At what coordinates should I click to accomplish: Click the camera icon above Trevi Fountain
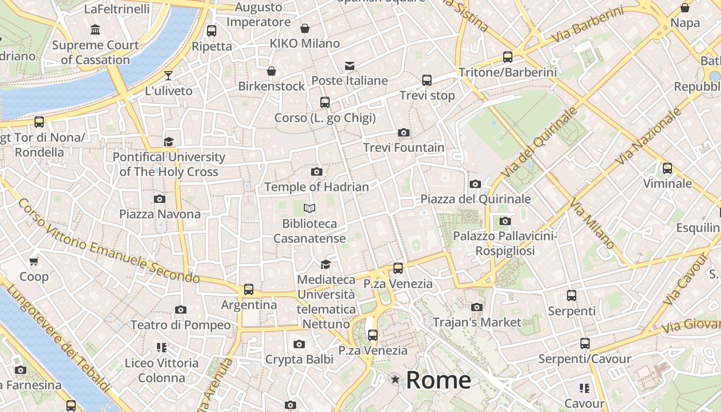[404, 133]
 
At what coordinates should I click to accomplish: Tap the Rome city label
[438, 381]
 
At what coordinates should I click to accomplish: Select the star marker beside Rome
[395, 380]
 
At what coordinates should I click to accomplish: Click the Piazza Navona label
[160, 214]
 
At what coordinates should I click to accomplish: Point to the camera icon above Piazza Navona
[160, 199]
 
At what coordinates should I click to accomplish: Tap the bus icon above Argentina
[249, 289]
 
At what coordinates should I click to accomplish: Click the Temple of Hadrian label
[317, 187]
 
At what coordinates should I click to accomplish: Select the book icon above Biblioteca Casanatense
[310, 208]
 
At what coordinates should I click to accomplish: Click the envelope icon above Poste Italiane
[350, 65]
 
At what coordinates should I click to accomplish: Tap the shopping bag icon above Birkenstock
[271, 71]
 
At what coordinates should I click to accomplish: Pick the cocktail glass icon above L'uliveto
[168, 76]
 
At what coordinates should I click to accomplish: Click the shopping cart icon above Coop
[34, 262]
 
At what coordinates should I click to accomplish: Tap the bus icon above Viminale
[667, 168]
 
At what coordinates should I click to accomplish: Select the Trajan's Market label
[477, 322]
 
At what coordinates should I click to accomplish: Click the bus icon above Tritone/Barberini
[508, 57]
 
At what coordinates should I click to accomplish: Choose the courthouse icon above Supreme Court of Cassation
[95, 30]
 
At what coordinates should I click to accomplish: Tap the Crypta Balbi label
[299, 359]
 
